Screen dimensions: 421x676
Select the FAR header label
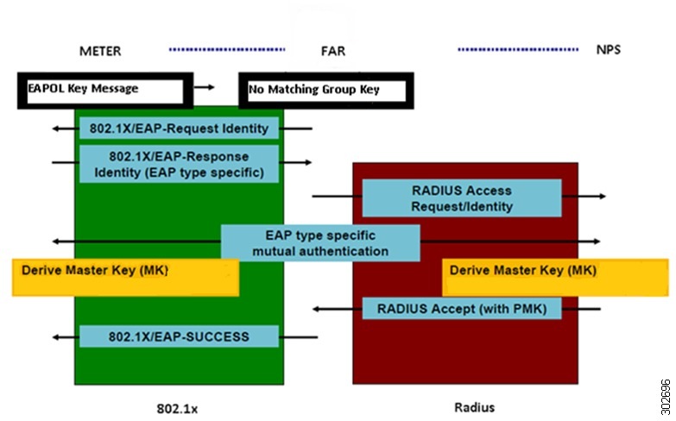click(x=332, y=51)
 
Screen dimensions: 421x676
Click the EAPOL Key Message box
click(x=100, y=89)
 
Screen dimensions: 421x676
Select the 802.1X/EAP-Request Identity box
click(x=180, y=129)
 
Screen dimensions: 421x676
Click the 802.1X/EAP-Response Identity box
click(x=180, y=163)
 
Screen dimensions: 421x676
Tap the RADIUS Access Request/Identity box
click(x=462, y=198)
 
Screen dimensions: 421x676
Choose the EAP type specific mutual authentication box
click(x=320, y=242)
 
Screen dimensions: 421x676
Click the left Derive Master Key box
click(x=126, y=277)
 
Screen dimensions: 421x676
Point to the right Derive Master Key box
click(x=556, y=277)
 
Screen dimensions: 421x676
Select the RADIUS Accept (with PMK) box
click(x=462, y=308)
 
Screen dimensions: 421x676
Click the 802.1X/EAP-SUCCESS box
click(x=180, y=336)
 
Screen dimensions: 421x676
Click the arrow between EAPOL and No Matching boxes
click(x=205, y=87)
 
